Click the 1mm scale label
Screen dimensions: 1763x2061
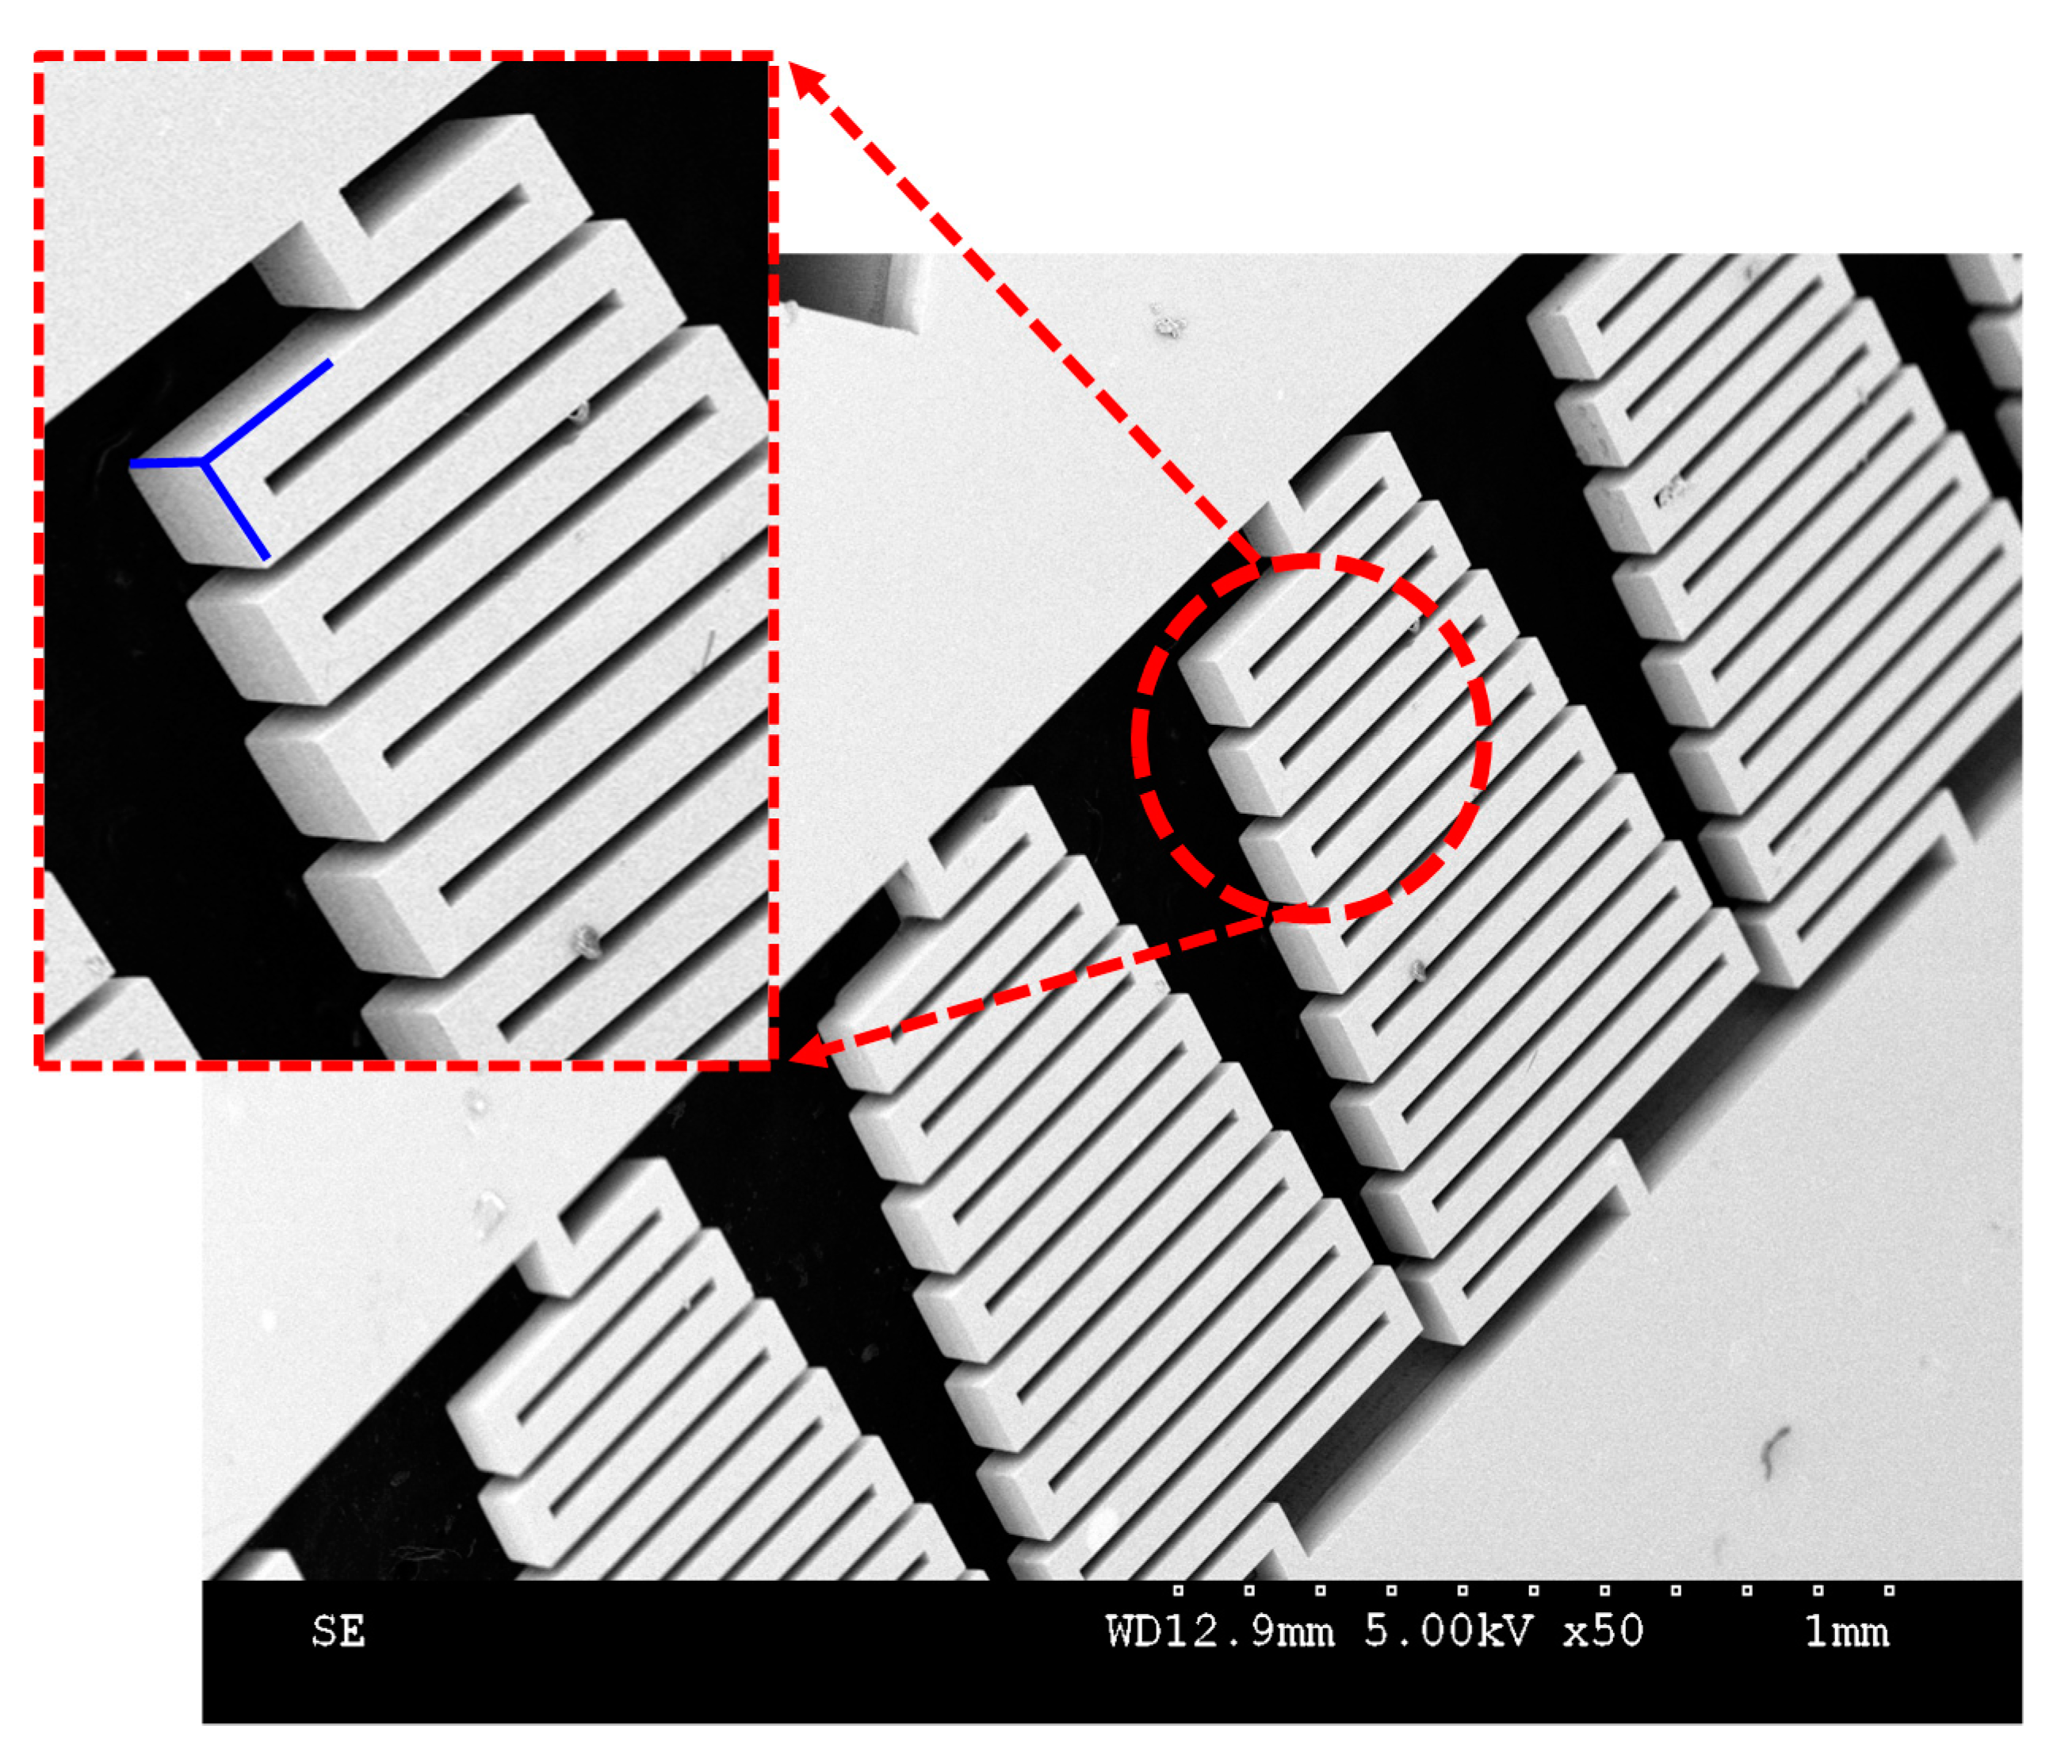tap(1846, 1633)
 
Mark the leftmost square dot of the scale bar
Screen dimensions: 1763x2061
tap(1178, 1591)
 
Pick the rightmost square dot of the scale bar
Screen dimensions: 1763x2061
tap(1889, 1591)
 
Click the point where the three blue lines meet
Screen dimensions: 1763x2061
tap(203, 462)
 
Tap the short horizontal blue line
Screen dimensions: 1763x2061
tap(166, 464)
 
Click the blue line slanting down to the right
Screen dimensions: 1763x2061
tap(235, 511)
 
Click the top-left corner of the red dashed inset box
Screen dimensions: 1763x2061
tap(38, 56)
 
